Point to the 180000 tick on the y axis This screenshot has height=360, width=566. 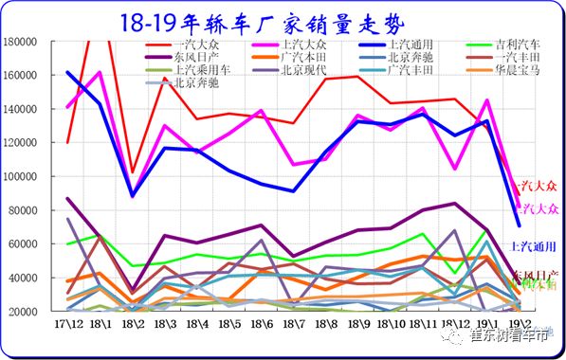(21, 43)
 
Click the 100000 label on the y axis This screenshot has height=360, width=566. (21, 177)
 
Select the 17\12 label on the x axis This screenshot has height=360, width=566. (67, 324)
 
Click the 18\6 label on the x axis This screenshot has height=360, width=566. (261, 324)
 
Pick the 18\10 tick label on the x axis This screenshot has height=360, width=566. (390, 324)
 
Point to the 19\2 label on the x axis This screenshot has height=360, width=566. (519, 324)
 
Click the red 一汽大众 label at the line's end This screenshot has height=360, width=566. (534, 187)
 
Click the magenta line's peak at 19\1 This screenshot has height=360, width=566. (486, 100)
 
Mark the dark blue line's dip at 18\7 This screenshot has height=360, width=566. (293, 191)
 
